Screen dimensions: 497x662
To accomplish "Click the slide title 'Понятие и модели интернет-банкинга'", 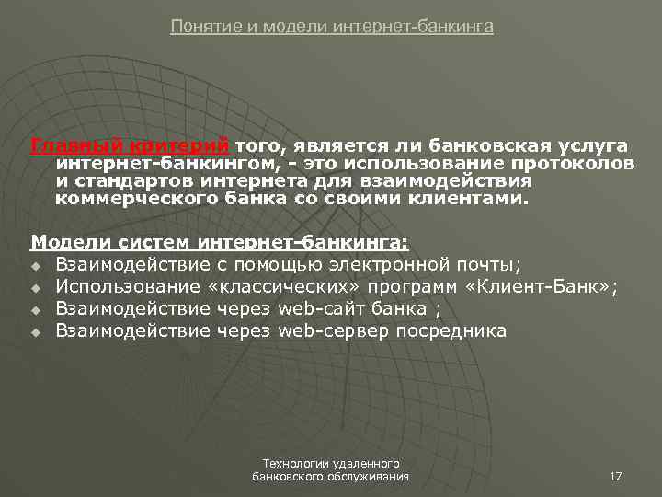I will [x=332, y=27].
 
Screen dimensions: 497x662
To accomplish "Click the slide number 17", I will [x=616, y=476].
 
